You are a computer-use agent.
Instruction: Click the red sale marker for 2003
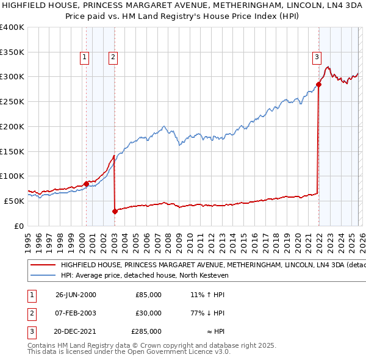point(115,211)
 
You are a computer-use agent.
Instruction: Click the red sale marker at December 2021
point(318,84)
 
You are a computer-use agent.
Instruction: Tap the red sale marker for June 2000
point(86,183)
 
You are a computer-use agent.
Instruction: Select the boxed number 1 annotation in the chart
point(84,58)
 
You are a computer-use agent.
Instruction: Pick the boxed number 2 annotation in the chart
point(113,58)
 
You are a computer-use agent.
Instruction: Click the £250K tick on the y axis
point(12,101)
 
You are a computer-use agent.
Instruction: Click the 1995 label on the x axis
point(28,239)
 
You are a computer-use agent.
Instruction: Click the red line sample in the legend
point(43,265)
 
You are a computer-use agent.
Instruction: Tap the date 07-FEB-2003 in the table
point(76,313)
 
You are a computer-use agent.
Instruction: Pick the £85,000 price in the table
point(148,295)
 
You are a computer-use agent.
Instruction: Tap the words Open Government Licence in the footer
point(163,352)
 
